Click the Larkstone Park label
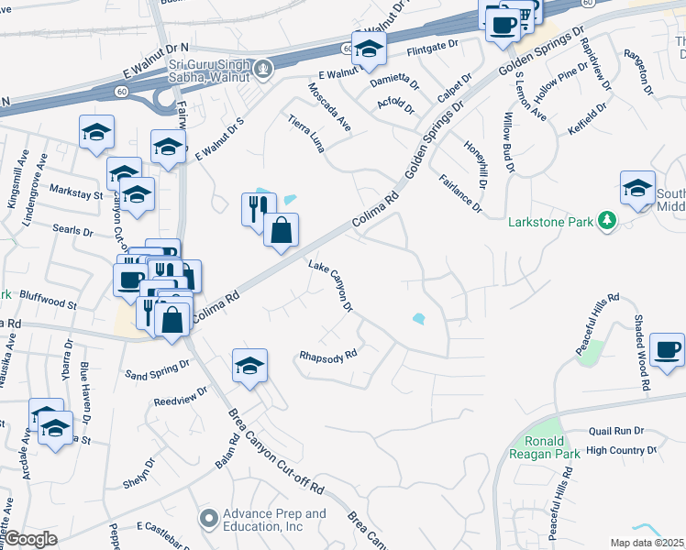[x=548, y=221]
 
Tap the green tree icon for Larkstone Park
[x=606, y=221]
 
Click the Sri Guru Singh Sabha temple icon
[x=264, y=68]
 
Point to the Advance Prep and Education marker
[x=209, y=520]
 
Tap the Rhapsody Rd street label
[x=327, y=357]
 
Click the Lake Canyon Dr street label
[x=331, y=285]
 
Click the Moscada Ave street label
[x=330, y=108]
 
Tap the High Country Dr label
[x=622, y=450]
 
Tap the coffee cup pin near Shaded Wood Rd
[x=666, y=350]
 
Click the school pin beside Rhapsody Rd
[x=249, y=366]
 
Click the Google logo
[x=30, y=539]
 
